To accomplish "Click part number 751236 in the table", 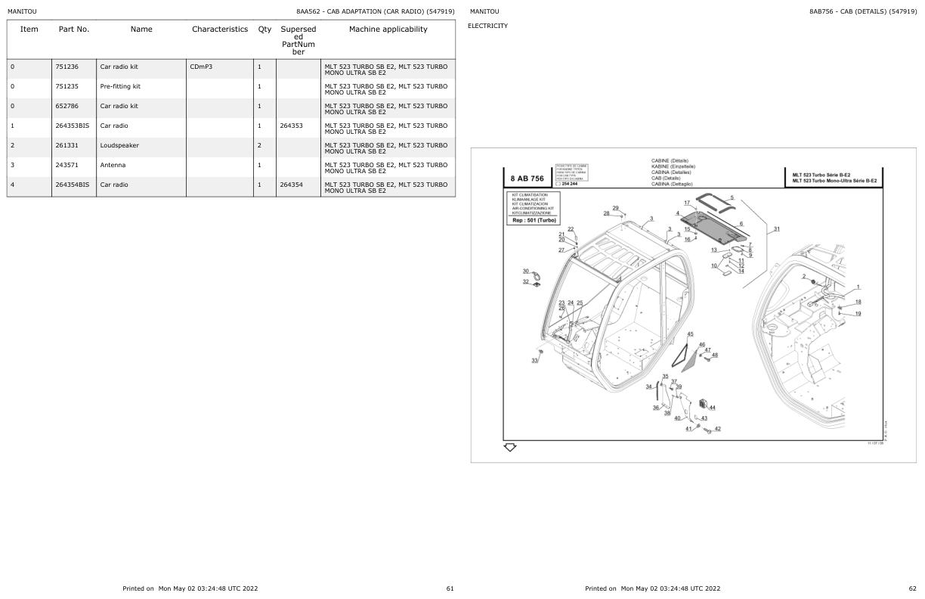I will (67, 67).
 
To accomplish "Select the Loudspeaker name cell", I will (119, 145).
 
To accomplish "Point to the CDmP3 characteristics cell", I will (201, 67).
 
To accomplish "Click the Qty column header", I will (265, 29).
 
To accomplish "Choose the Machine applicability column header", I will (388, 29).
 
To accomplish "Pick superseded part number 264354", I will (291, 185).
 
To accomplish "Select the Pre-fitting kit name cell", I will (120, 86).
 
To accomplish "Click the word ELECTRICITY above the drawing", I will (487, 26).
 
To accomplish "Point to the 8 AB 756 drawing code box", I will (527, 178).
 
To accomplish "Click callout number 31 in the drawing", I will (777, 229).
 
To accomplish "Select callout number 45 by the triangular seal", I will (690, 334).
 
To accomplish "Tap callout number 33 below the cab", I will (534, 361).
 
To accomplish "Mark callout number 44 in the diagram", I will (712, 408).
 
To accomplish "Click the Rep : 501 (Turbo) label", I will (534, 220).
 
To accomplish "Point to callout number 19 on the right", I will (858, 313).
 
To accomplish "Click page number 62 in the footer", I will (912, 588).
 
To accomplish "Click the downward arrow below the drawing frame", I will (510, 448).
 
